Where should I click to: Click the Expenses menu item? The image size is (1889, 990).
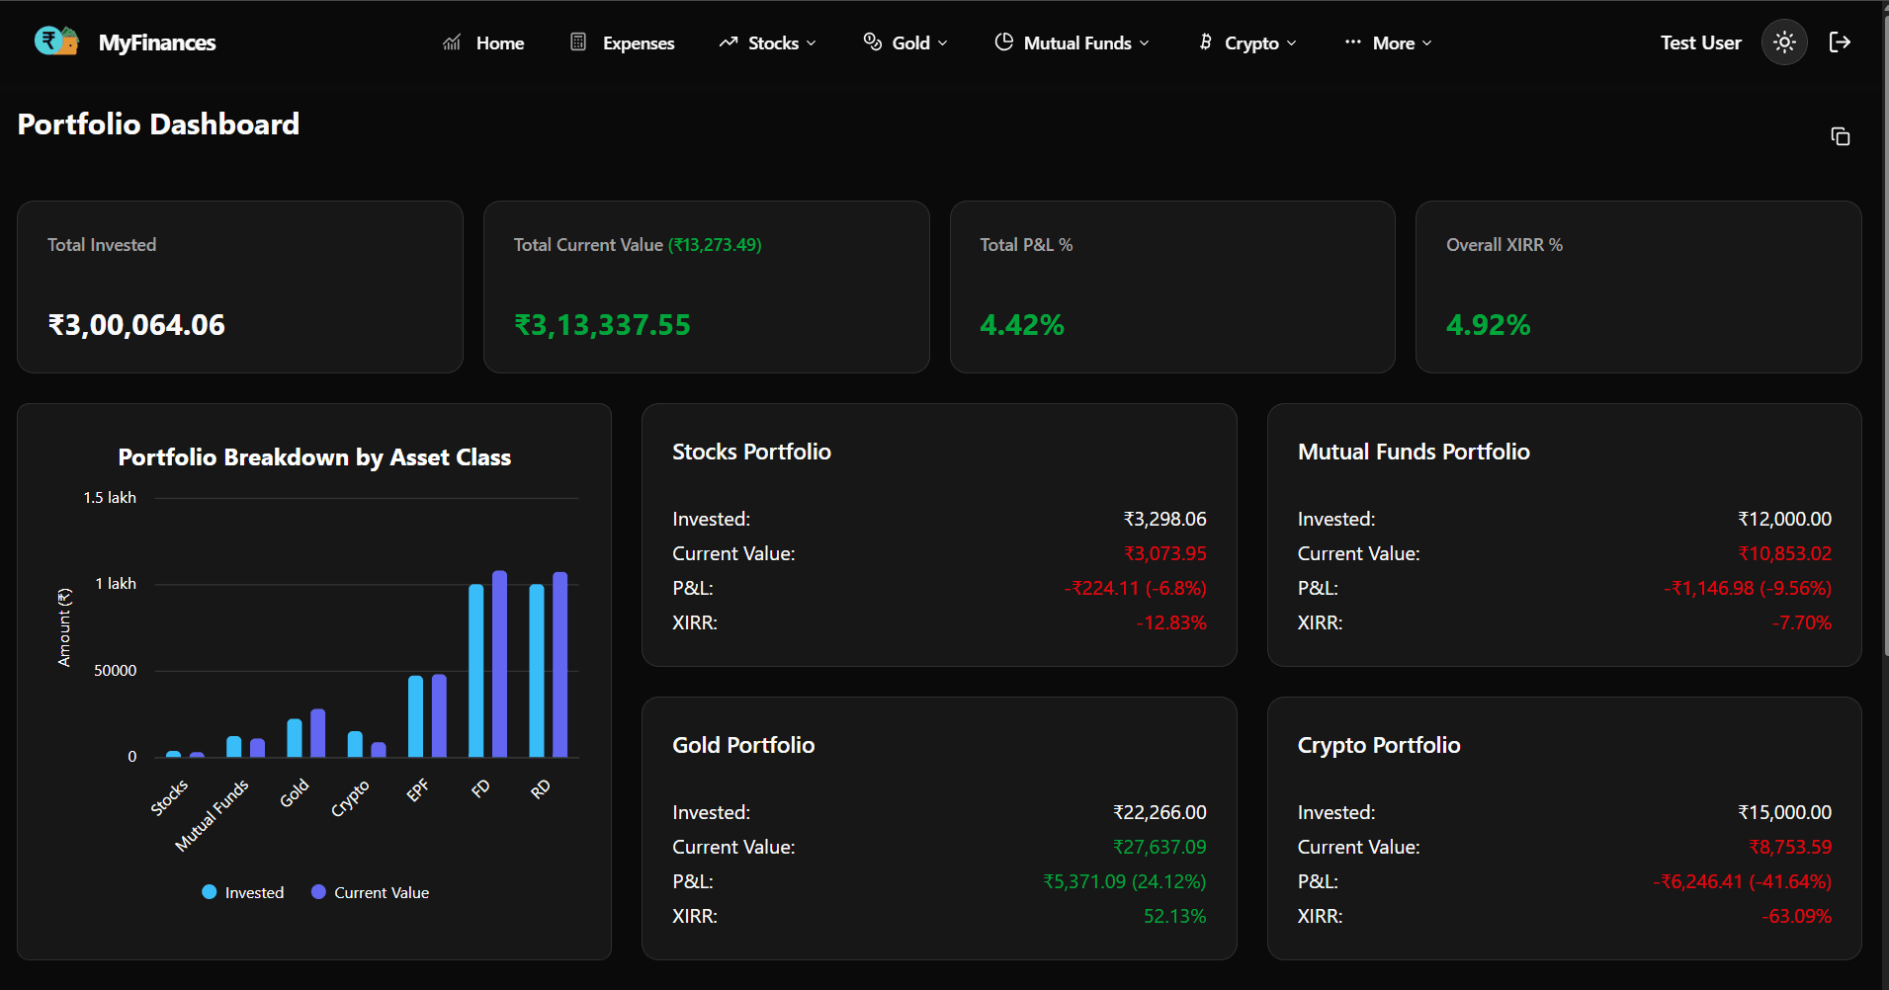coord(623,42)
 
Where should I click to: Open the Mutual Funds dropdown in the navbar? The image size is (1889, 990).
coord(1073,42)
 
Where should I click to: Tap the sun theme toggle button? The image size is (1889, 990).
coord(1783,42)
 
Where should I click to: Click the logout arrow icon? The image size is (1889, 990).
coord(1839,42)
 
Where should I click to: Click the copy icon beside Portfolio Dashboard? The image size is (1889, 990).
coord(1840,136)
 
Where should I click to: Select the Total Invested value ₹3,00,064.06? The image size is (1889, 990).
coord(136,325)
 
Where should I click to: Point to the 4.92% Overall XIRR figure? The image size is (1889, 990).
coord(1488,325)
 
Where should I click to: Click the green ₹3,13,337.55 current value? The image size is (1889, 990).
coord(602,325)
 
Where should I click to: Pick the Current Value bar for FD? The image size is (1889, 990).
coord(499,664)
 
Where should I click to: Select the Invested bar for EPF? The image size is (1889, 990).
coord(415,716)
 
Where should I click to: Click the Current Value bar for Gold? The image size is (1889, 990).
coord(317,733)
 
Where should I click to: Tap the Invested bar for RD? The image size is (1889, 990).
coord(536,671)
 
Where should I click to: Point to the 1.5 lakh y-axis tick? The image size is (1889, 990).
coord(110,498)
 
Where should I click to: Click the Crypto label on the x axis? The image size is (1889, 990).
coord(350,798)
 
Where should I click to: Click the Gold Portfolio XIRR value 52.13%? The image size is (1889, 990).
coord(1174,916)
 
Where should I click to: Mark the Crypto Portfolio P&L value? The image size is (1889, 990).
coord(1742,881)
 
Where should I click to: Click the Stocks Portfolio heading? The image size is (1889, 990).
coord(751,452)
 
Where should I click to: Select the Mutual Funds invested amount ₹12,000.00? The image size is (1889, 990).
coord(1784,519)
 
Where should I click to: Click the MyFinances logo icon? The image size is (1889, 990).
coord(55,41)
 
